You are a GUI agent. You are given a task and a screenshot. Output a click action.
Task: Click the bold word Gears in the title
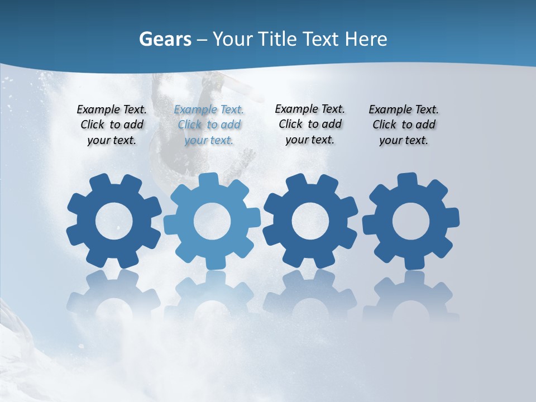165,40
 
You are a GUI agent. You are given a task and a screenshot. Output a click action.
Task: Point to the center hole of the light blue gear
212,222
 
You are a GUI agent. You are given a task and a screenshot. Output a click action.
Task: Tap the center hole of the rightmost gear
411,222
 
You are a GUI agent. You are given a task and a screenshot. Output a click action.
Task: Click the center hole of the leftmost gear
114,222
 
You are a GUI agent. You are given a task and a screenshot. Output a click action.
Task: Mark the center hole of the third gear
310,222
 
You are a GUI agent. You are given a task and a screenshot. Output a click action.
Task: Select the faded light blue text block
209,125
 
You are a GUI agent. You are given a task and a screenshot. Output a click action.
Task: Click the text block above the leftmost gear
112,125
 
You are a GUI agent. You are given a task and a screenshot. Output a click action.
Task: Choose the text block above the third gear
310,125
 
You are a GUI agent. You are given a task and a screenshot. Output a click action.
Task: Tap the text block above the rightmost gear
404,125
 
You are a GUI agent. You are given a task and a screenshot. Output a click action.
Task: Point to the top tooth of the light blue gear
208,180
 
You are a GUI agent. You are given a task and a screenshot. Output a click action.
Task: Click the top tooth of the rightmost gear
407,180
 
